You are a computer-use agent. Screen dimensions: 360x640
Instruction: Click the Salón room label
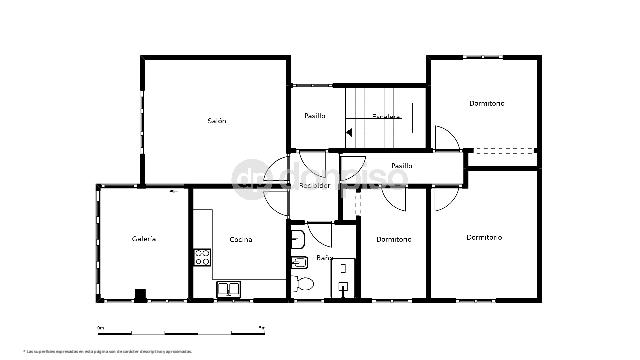point(217,121)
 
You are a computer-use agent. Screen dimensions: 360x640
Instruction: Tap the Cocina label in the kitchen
point(240,239)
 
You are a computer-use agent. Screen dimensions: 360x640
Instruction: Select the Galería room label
point(143,238)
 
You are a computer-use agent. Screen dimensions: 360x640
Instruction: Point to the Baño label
point(324,258)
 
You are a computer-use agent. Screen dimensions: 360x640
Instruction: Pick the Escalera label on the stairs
point(387,116)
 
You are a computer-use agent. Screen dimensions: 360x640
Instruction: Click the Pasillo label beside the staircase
point(315,116)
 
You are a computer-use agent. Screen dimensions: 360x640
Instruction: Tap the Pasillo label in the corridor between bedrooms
point(402,166)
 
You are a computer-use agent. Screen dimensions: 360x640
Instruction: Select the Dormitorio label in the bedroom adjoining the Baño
point(394,239)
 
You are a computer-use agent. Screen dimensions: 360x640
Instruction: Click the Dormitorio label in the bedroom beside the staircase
point(487,103)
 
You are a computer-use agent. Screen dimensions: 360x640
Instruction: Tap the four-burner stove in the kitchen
point(202,256)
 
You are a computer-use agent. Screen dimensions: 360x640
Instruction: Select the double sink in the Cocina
point(230,289)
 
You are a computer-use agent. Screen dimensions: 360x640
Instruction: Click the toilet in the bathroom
point(304,284)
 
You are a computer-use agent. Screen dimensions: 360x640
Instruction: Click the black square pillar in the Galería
point(140,294)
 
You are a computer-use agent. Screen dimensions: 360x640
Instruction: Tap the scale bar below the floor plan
point(180,328)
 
